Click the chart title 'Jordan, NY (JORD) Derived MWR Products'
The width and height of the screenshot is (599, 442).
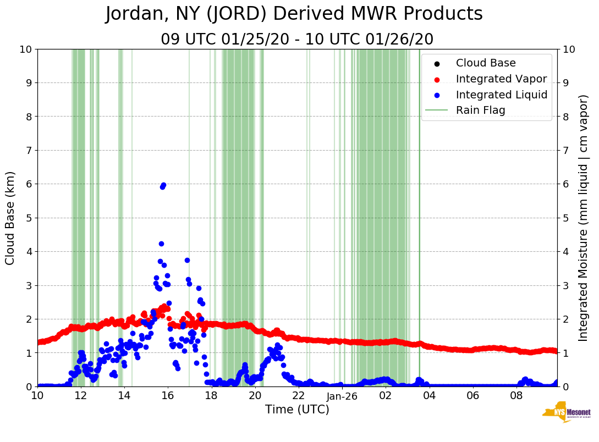(294, 14)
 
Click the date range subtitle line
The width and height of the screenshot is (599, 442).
(297, 40)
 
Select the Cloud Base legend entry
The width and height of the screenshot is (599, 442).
(486, 63)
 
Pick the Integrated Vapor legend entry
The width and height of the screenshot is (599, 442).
(501, 79)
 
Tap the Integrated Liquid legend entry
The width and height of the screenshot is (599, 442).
(502, 95)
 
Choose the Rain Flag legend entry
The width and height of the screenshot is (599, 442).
(480, 110)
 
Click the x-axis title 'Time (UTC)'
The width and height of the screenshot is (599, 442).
(297, 410)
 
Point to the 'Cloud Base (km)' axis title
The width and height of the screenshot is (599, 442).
(10, 218)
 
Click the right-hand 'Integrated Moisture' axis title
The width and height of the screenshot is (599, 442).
(584, 218)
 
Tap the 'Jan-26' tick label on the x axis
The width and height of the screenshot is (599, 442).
(342, 396)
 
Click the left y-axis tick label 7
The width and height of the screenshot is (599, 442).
(28, 150)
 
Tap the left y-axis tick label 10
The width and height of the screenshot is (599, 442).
(25, 49)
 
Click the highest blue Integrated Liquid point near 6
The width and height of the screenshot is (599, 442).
(163, 185)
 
